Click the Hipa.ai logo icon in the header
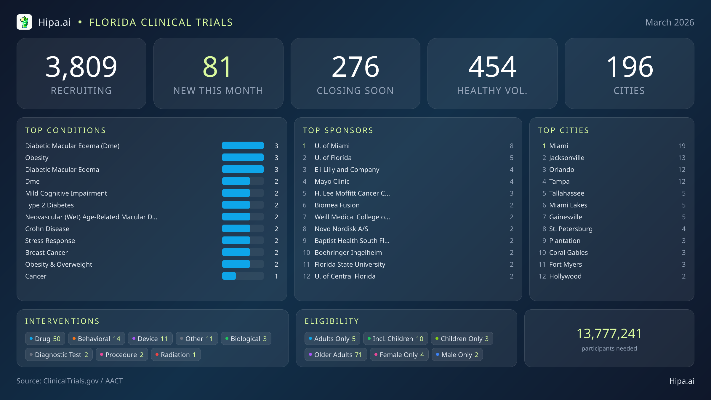tap(24, 22)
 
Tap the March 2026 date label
tap(670, 23)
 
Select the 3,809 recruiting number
tap(81, 67)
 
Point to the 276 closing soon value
tap(355, 67)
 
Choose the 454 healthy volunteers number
tap(492, 67)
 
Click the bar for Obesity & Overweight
tap(243, 264)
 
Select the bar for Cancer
tap(243, 276)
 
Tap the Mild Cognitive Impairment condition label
tap(66, 193)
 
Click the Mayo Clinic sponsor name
tap(332, 181)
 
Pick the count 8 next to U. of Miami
tap(511, 146)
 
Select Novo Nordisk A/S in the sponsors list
tap(341, 229)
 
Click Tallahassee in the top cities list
tap(566, 193)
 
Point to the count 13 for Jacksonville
tap(682, 158)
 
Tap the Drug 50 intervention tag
tap(45, 339)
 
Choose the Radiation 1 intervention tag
tap(176, 355)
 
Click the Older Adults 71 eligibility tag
tap(335, 355)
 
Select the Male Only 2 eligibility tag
tap(457, 355)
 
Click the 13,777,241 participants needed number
tap(609, 334)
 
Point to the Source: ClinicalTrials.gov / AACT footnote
tap(70, 381)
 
